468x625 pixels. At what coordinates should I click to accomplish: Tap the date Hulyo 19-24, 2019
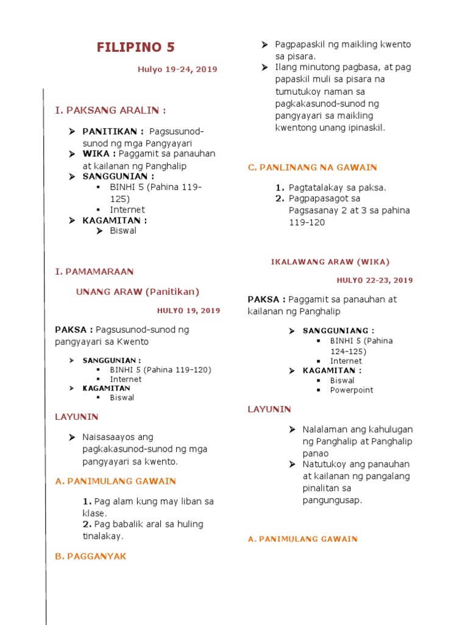point(177,70)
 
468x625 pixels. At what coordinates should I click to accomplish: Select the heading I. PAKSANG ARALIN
point(110,110)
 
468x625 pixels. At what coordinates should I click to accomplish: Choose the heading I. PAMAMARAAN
point(94,271)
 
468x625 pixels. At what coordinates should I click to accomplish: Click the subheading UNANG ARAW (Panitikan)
point(137,292)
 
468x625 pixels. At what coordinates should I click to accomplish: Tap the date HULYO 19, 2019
point(189,311)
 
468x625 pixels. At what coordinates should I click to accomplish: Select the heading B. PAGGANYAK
point(91,557)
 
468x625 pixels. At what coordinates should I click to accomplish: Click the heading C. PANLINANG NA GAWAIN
point(313,167)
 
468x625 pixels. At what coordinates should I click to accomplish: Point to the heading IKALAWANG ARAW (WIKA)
point(330,262)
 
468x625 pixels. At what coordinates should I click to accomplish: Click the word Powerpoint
point(352,390)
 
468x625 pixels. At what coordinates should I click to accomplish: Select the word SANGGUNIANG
point(338,331)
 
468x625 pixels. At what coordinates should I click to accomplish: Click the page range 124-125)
point(348,351)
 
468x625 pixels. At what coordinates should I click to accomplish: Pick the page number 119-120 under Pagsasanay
point(307,222)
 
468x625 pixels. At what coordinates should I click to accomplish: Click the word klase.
point(94,513)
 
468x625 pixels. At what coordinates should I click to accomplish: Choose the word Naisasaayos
point(118,437)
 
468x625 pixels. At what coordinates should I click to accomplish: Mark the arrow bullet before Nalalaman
point(292,430)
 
